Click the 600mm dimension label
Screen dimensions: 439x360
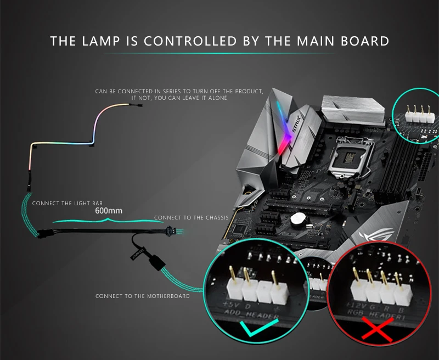click(x=108, y=210)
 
